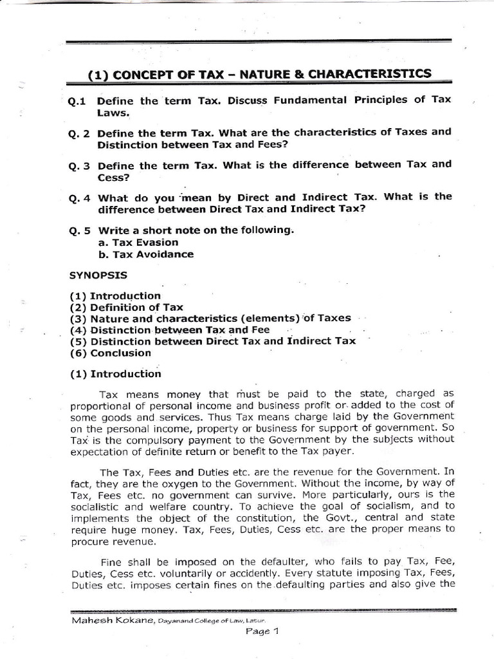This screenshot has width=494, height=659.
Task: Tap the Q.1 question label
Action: [x=81, y=101]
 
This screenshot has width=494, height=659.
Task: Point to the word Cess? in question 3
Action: [x=113, y=176]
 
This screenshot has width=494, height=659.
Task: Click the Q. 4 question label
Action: [x=81, y=198]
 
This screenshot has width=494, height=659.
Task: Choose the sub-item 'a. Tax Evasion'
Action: [x=138, y=243]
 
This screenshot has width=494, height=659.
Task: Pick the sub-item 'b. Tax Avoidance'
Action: [x=146, y=254]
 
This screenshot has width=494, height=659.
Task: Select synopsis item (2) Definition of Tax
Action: [x=126, y=308]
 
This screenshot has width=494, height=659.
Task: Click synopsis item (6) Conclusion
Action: [x=111, y=353]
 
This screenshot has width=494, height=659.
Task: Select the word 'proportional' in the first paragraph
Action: [x=100, y=404]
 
